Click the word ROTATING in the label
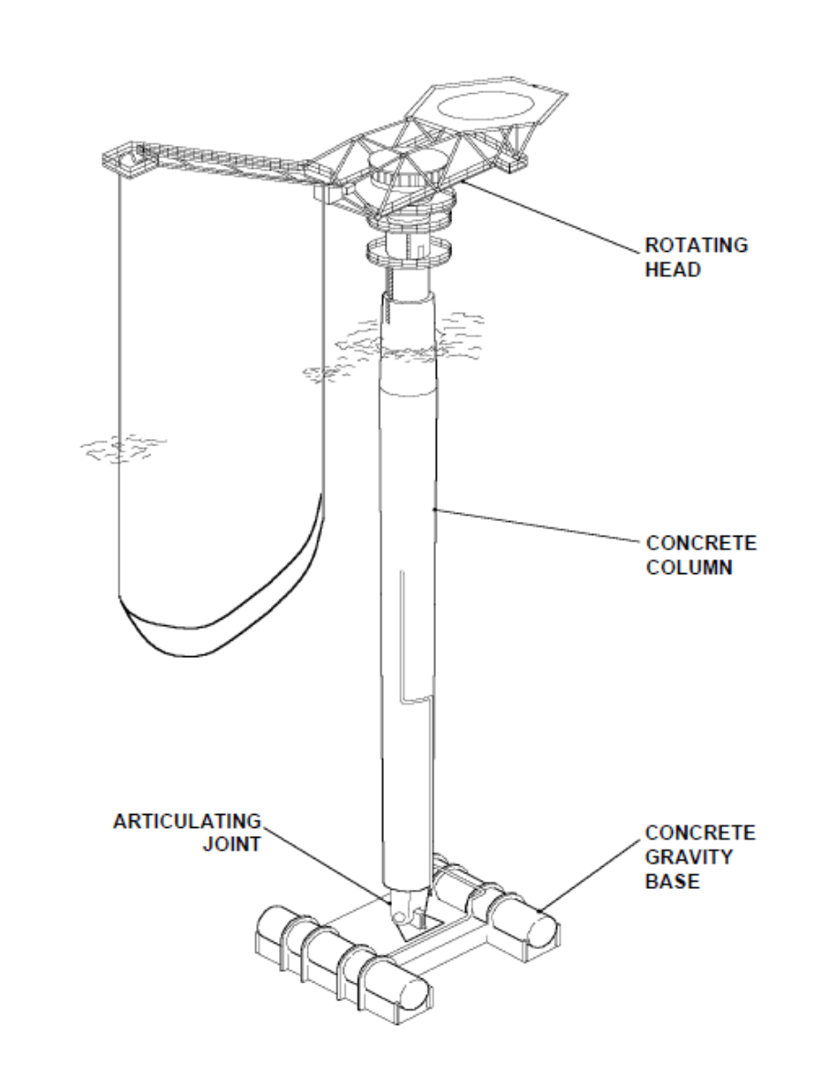click(696, 245)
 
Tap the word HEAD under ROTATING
click(670, 270)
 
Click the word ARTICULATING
click(186, 820)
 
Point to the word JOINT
click(230, 844)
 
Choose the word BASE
click(668, 881)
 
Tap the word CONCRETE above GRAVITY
click(700, 832)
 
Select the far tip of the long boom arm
click(123, 159)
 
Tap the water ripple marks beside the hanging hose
click(122, 447)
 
